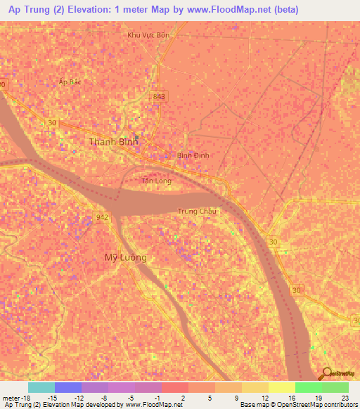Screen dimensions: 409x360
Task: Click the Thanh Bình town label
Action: (113, 142)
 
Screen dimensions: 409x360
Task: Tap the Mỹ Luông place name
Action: (126, 257)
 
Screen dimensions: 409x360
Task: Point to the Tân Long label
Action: (156, 181)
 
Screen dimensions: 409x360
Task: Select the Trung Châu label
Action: (196, 211)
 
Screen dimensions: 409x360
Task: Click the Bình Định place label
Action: (193, 155)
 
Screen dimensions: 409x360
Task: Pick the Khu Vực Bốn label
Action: (148, 34)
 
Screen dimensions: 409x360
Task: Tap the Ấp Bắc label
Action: (71, 82)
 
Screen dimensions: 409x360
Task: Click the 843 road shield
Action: (159, 96)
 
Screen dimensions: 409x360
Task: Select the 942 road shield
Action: (102, 218)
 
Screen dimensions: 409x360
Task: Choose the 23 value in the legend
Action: (345, 397)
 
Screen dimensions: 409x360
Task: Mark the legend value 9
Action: (237, 397)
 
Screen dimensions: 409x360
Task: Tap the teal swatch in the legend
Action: (41, 387)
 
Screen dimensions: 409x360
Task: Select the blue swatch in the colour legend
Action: (67, 387)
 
